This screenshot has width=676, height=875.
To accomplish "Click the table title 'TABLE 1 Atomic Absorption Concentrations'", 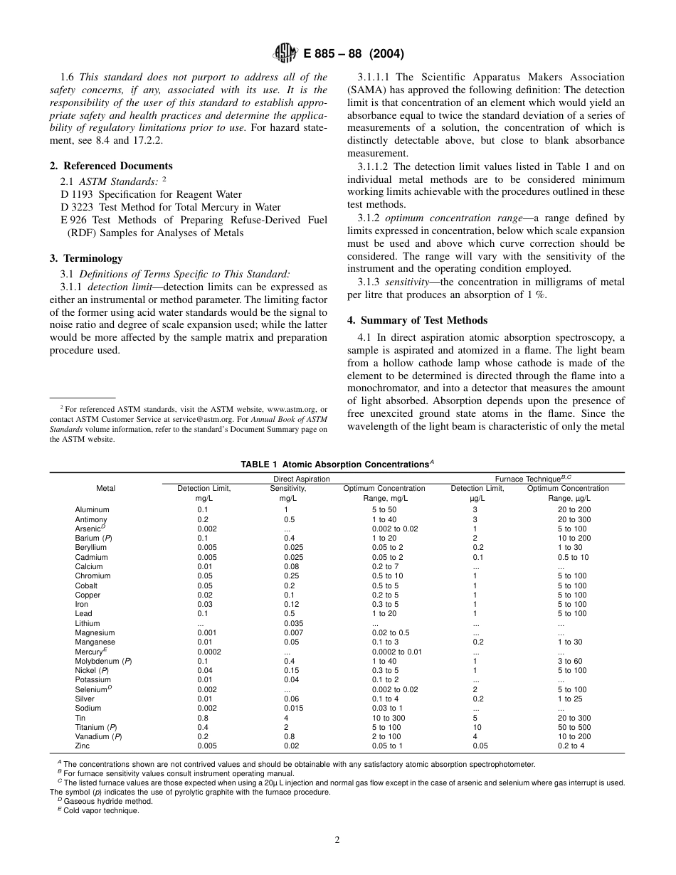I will (337, 465).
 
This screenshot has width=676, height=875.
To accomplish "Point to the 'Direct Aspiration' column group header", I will (302, 479).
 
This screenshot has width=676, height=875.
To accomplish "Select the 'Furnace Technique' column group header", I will (523, 479).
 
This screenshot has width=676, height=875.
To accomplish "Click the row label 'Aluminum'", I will (92, 510).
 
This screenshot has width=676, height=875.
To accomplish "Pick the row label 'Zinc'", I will (83, 746).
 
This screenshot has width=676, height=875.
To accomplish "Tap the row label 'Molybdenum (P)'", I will (103, 661).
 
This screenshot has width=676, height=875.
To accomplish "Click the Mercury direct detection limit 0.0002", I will (208, 652).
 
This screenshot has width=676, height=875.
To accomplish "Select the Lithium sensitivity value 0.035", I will (292, 623).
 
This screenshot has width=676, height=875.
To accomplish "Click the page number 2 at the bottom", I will (337, 839).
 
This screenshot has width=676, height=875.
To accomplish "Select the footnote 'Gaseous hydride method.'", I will (107, 801).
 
